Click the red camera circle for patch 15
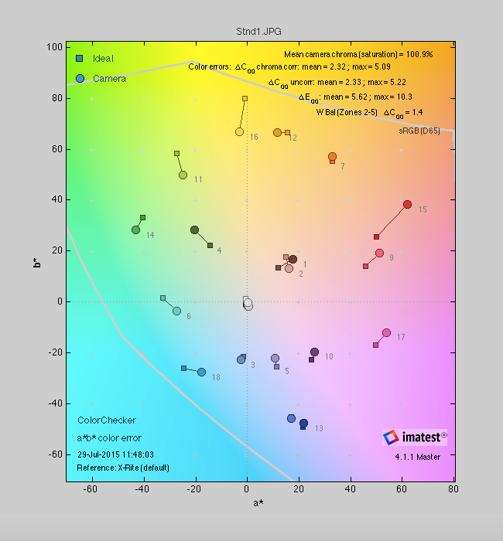(407, 204)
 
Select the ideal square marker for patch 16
(245, 99)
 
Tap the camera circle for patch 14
(135, 230)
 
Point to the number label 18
(216, 377)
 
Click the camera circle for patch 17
(386, 333)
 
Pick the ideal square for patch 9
(365, 266)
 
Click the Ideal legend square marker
(80, 59)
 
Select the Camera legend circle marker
(80, 78)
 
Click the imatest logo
(414, 437)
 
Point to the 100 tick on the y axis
(54, 47)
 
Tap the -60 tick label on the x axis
(91, 489)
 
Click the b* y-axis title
(37, 264)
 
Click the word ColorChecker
(107, 420)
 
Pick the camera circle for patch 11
(183, 175)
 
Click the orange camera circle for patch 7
(332, 157)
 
